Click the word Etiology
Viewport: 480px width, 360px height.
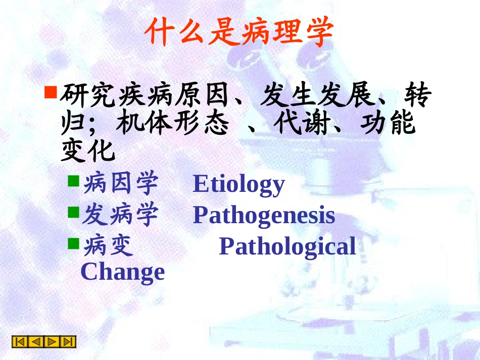(238, 184)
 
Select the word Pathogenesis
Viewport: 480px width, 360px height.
(264, 215)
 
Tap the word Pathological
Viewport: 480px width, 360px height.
(287, 246)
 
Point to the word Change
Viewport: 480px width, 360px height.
(123, 272)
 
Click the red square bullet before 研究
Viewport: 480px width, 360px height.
(51, 92)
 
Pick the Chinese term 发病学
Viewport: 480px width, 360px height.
(120, 216)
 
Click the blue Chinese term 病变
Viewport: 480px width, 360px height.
(108, 247)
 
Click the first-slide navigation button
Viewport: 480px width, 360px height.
(20, 342)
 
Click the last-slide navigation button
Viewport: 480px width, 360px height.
(68, 342)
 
